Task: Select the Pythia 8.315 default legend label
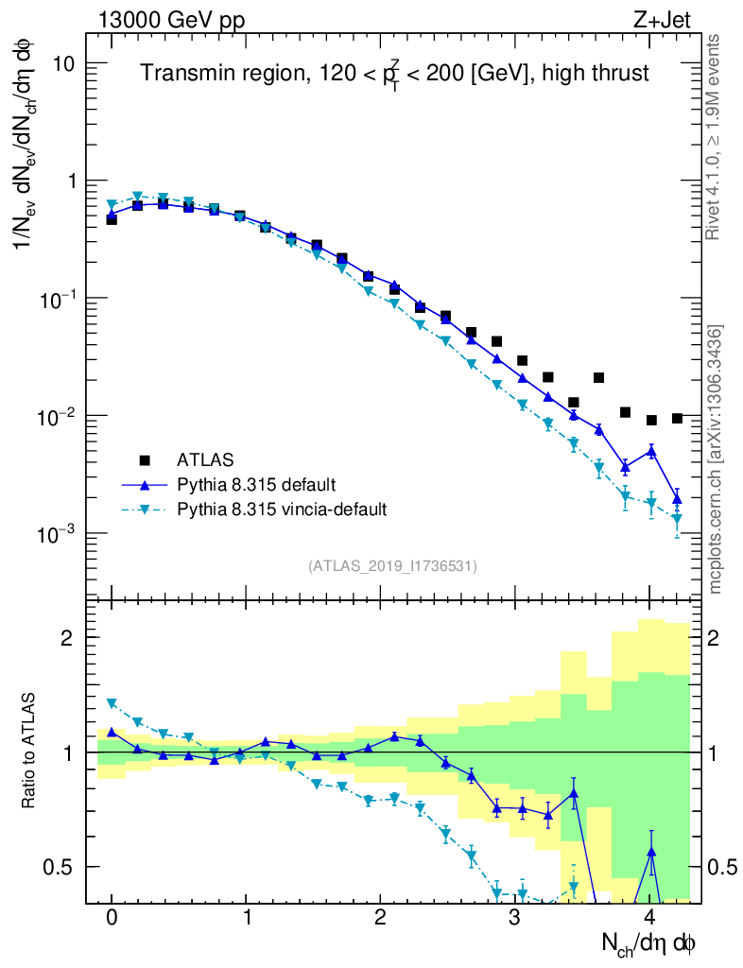pos(255,485)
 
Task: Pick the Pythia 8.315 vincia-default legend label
pos(282,510)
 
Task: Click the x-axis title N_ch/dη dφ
pos(649,943)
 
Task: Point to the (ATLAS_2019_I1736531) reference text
pos(392,566)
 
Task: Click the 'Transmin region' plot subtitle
pos(395,74)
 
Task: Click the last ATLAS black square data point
pos(677,418)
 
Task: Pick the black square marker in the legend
pos(145,460)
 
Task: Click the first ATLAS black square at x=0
pos(112,219)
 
